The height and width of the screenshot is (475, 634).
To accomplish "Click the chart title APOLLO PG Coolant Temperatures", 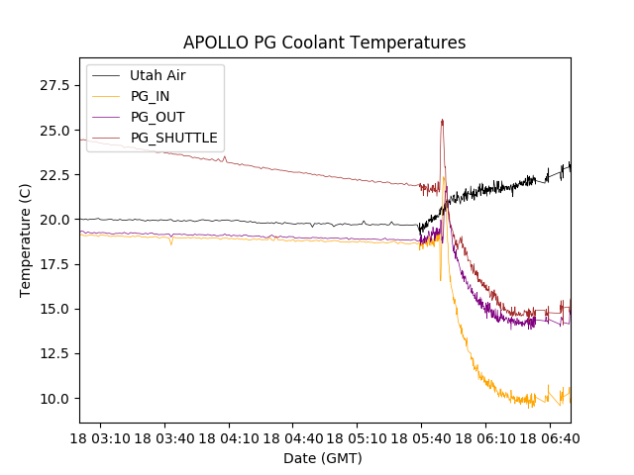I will click(324, 44).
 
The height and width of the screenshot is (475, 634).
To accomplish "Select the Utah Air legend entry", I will click(158, 75).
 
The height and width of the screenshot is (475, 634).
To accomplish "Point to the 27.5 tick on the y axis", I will click(53, 85).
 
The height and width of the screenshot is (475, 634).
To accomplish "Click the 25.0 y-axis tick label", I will click(53, 131).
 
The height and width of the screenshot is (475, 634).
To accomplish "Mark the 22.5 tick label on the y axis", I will click(53, 175).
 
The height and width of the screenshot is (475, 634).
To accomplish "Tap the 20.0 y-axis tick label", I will click(53, 220).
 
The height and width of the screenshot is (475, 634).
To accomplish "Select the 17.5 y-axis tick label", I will click(53, 264).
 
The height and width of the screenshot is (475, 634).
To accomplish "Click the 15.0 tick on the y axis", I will click(53, 309).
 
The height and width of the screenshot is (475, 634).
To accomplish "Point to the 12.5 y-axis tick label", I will click(53, 353).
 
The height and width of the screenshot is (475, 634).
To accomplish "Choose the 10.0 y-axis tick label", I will click(53, 399).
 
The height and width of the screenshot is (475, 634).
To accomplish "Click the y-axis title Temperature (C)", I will click(26, 240).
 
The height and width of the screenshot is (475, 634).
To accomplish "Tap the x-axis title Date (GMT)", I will click(323, 458).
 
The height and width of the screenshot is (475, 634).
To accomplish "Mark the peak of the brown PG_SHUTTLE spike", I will click(442, 120).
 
